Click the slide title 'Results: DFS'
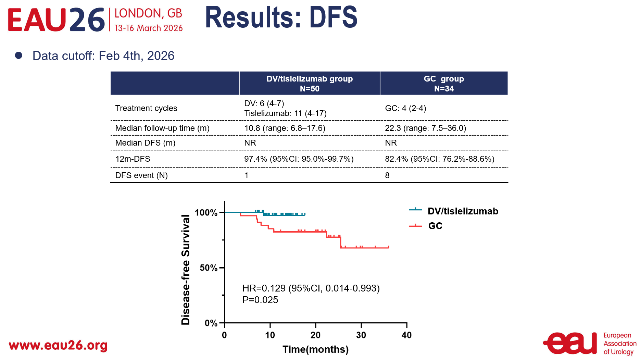[281, 18]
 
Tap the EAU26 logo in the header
[56, 20]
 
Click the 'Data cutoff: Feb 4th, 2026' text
[103, 56]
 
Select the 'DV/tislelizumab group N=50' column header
[310, 84]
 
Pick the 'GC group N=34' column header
[444, 84]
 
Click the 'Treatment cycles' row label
[146, 108]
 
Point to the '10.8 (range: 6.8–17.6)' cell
[285, 128]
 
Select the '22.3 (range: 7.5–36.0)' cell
[425, 128]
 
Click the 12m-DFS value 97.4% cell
[299, 159]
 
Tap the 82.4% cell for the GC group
[439, 159]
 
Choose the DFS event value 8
[387, 175]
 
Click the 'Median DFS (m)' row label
[145, 143]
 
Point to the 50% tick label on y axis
[208, 268]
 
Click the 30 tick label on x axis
[361, 335]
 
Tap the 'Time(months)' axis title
[315, 349]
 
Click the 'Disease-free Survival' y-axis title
[186, 270]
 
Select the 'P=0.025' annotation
[260, 300]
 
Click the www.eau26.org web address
[58, 345]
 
